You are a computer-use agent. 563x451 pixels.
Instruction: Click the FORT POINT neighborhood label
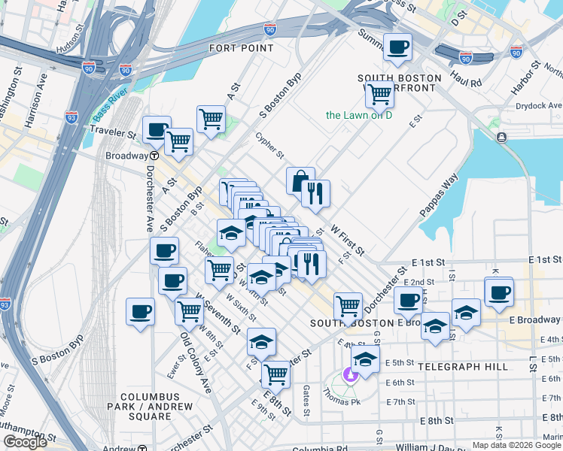pos(241,48)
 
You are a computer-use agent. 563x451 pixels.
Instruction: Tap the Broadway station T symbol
pos(153,156)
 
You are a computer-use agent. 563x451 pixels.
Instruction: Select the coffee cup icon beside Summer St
pos(397,48)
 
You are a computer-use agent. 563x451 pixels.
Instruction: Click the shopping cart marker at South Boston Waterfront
pos(379,95)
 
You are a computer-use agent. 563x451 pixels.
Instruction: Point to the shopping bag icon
pos(300,181)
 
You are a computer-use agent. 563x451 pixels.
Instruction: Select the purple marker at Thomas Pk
pos(349,373)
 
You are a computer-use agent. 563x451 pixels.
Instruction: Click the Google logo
pos(25,442)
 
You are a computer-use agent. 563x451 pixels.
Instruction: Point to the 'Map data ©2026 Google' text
pos(516,445)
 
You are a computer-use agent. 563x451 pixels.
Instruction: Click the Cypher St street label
pos(269,146)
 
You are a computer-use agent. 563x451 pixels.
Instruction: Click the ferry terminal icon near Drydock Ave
pos(501,137)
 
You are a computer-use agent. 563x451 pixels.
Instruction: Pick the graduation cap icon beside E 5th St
pos(365,359)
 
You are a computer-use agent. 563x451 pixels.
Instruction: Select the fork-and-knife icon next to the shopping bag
pos(316,193)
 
